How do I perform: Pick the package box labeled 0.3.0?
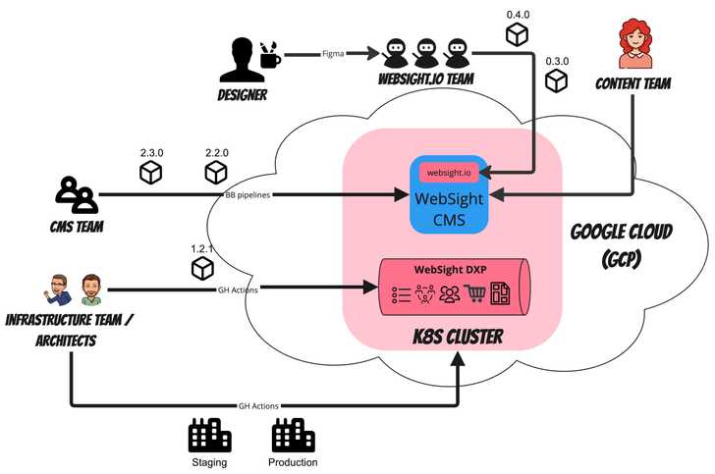click(x=558, y=81)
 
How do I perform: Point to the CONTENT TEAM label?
click(x=633, y=84)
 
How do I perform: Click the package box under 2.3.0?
click(x=150, y=174)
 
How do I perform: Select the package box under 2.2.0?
click(x=216, y=174)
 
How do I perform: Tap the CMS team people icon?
click(x=76, y=195)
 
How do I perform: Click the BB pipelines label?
click(x=247, y=194)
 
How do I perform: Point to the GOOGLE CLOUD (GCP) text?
click(x=621, y=244)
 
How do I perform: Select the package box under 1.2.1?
click(x=203, y=267)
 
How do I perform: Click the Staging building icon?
click(x=209, y=436)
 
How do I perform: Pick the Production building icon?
click(x=293, y=436)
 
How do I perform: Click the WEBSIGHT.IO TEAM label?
click(x=426, y=78)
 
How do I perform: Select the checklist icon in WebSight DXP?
click(x=400, y=292)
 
